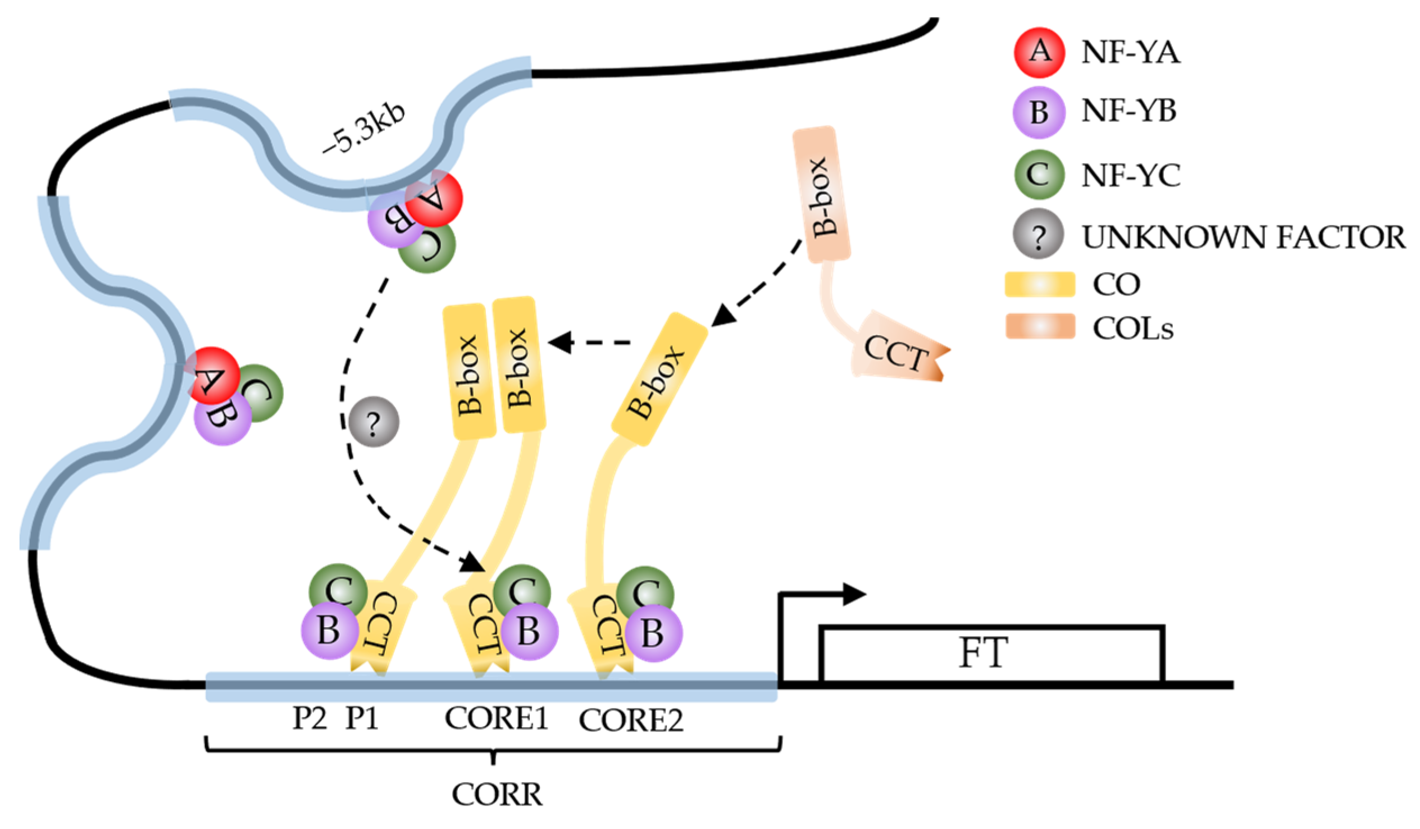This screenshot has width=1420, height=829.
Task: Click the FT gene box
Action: tap(991, 654)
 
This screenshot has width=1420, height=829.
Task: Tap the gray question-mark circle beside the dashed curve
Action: tap(374, 422)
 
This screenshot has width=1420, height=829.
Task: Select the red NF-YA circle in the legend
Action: tap(1039, 52)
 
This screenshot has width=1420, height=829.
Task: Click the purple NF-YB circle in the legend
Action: tap(1039, 112)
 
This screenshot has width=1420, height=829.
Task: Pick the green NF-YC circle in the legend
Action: tap(1039, 174)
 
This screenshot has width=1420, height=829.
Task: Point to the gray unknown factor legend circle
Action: tap(1038, 234)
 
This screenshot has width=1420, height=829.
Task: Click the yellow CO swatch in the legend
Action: tap(1040, 284)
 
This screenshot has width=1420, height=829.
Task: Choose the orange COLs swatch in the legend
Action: tap(1040, 326)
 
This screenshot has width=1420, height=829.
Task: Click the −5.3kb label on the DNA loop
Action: tap(363, 129)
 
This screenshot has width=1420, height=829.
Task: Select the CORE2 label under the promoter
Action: tap(631, 720)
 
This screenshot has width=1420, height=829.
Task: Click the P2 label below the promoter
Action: tap(310, 718)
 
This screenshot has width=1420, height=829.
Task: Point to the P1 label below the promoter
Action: tap(362, 718)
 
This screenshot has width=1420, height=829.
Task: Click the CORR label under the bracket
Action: tap(497, 795)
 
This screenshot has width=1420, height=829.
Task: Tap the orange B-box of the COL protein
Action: tap(822, 194)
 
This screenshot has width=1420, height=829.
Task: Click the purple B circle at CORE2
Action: tap(653, 633)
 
